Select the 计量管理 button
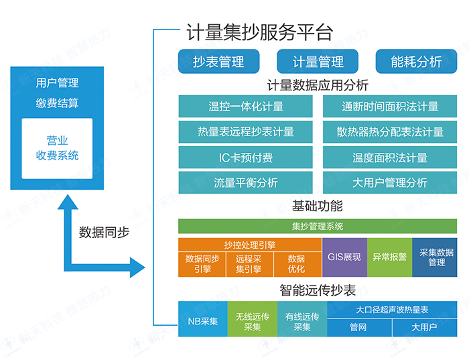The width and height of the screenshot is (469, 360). click(x=318, y=62)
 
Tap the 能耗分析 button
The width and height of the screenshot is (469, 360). click(x=416, y=62)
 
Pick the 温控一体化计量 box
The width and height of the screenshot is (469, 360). click(x=246, y=107)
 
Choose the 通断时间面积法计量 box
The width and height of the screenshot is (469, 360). click(x=390, y=107)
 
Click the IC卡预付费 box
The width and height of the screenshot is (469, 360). click(x=246, y=158)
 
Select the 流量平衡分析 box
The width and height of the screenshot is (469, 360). click(x=246, y=183)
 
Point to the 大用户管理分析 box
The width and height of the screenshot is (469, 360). click(x=390, y=183)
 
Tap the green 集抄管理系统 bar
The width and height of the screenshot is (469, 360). click(x=318, y=227)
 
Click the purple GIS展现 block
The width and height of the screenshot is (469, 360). click(x=344, y=257)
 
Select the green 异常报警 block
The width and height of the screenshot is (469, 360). click(x=389, y=257)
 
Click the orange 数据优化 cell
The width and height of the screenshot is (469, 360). click(x=296, y=264)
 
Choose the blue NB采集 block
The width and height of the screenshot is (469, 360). click(x=202, y=320)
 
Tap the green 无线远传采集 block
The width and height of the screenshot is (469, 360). click(x=253, y=320)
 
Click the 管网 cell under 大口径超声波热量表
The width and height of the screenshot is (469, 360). click(x=358, y=328)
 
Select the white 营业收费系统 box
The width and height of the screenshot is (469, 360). click(x=57, y=149)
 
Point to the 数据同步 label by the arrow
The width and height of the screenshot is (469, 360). click(x=105, y=233)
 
